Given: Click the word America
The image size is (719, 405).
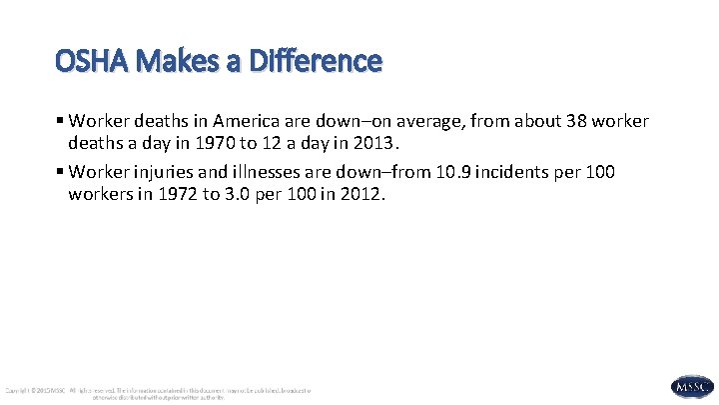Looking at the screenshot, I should [263, 121].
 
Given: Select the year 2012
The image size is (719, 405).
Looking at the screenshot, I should [359, 193].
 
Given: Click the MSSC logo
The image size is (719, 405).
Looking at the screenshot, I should [693, 386].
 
